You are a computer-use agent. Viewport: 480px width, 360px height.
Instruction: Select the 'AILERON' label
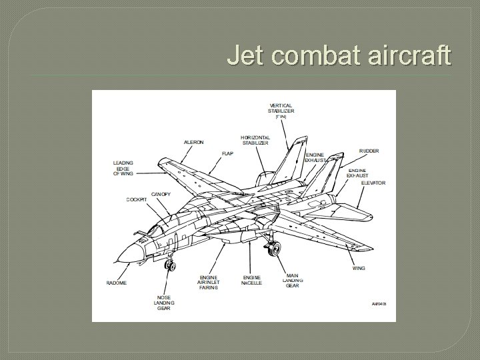tap(194, 142)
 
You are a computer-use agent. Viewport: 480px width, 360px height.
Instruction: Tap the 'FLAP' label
tap(227, 154)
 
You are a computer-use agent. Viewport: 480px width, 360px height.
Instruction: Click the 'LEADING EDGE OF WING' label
tap(123, 168)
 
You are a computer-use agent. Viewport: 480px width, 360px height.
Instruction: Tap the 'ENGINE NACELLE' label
tap(252, 280)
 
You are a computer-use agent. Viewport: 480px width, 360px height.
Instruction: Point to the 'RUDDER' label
tap(369, 151)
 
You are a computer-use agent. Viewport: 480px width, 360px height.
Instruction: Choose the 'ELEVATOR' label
tap(373, 183)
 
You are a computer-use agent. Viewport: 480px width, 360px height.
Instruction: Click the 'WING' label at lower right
tap(359, 268)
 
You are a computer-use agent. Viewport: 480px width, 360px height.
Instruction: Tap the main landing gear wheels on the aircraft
tap(273, 249)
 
